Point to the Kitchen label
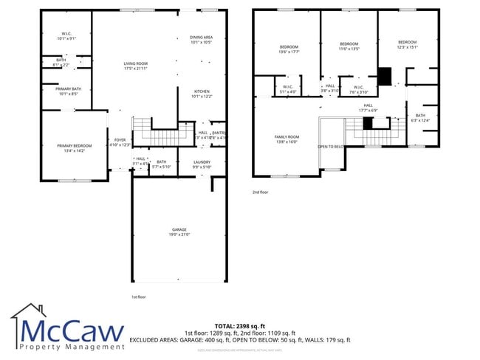pyautogui.click(x=202, y=94)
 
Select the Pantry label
pyautogui.click(x=219, y=133)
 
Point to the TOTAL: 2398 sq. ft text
pyautogui.click(x=239, y=325)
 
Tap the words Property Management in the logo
pyautogui.click(x=72, y=346)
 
